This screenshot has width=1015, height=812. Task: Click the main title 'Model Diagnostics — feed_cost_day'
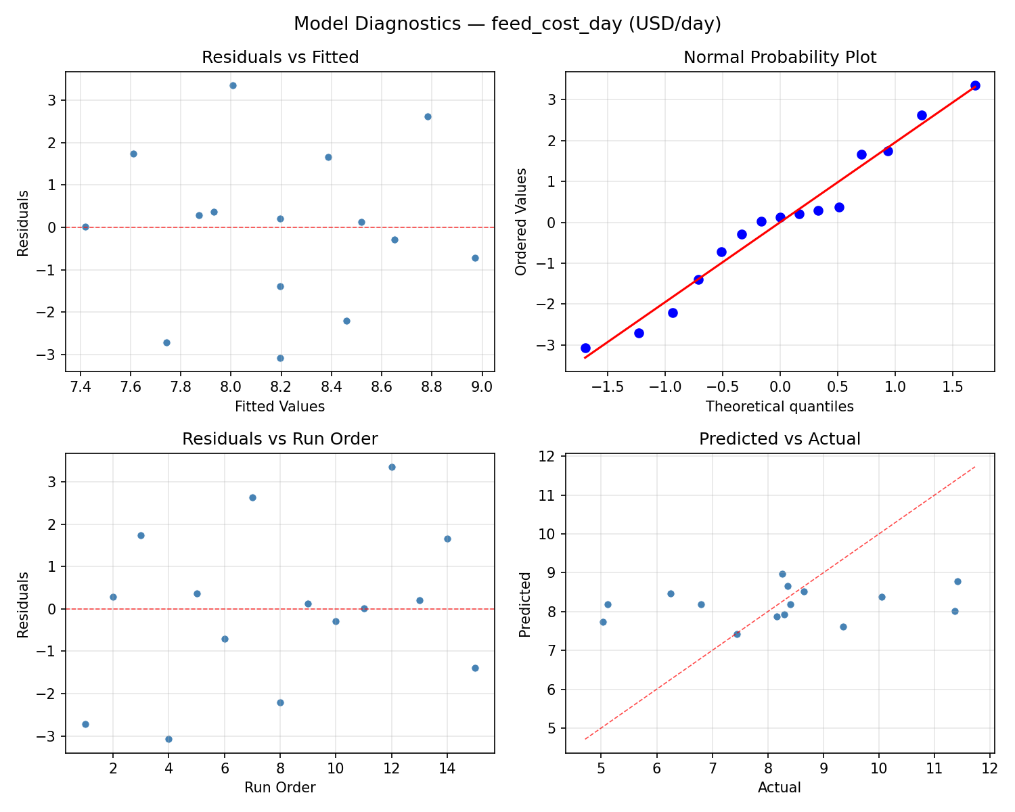pos(507,24)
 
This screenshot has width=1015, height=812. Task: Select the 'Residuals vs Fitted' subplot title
pos(280,58)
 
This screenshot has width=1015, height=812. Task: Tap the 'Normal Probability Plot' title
pos(780,58)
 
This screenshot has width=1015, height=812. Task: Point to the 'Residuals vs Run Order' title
pos(280,439)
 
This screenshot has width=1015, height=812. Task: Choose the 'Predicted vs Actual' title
pos(780,439)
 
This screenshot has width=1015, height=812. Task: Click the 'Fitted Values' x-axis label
pos(280,407)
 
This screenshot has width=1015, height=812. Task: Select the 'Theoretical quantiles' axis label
pos(780,407)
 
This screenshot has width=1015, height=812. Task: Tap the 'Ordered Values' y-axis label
pos(521,222)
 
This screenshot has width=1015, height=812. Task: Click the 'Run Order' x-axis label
pos(280,788)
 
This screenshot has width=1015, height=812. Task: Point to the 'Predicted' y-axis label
pos(524,604)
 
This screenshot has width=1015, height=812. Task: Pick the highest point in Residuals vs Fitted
pos(233,85)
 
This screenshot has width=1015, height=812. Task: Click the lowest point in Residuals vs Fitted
pos(280,358)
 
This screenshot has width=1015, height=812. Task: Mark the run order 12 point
pos(392,467)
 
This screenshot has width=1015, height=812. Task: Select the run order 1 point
pos(85,724)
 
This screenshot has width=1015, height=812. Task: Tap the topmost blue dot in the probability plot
pos(975,85)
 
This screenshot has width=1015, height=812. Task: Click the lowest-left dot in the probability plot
pos(585,348)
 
